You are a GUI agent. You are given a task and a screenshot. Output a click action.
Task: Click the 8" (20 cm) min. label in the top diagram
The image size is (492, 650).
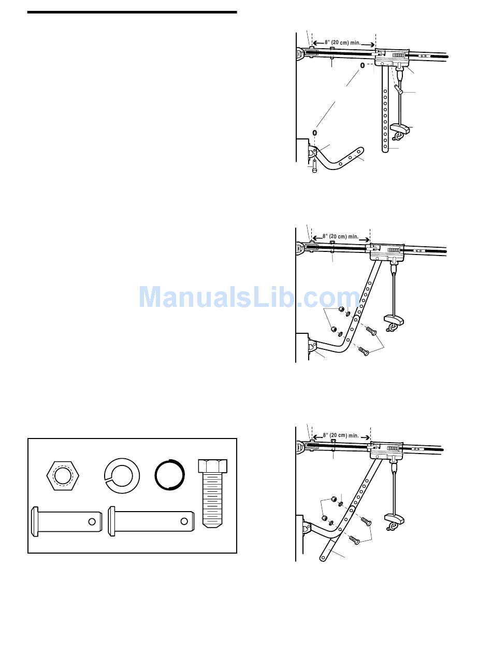[343, 43]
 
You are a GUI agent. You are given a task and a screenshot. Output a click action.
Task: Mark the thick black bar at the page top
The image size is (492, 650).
[132, 12]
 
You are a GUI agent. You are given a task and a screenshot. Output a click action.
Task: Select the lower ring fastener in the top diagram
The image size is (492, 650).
[314, 134]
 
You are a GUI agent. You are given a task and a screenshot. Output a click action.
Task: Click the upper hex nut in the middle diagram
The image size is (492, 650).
[341, 309]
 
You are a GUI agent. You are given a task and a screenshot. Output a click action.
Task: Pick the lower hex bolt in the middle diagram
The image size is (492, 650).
[365, 351]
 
